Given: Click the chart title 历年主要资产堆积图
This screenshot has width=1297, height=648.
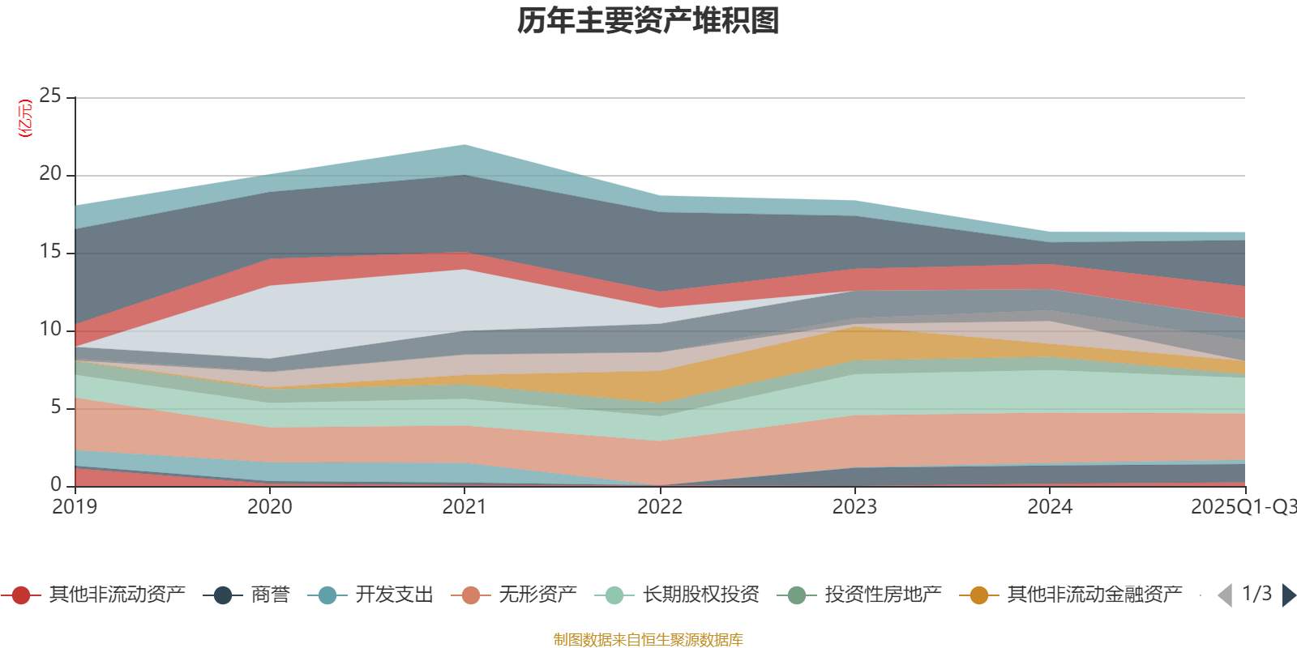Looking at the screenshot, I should [648, 21].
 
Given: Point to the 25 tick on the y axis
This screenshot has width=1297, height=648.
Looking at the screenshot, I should [50, 96].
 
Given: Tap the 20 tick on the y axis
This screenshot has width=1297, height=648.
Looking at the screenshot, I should [50, 174].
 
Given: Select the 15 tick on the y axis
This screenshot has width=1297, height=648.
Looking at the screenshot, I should [50, 252].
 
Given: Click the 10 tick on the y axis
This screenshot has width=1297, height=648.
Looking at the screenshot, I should [50, 330].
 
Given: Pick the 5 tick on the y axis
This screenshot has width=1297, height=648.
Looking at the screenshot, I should [55, 407].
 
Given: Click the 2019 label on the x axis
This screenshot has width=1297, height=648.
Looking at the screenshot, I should [75, 507].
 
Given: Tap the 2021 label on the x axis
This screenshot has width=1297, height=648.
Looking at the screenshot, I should [464, 507].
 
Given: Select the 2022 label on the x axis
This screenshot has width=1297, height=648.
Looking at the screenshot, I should [659, 507].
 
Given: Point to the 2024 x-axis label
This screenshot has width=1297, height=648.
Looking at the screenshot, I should [1050, 507].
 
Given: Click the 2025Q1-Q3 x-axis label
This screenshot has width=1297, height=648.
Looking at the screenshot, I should [1242, 507].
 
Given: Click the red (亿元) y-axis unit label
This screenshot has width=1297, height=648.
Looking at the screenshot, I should [26, 118].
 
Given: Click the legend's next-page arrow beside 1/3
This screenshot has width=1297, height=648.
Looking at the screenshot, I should [1288, 595].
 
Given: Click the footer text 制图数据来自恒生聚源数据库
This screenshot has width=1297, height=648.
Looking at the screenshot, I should [648, 640].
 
